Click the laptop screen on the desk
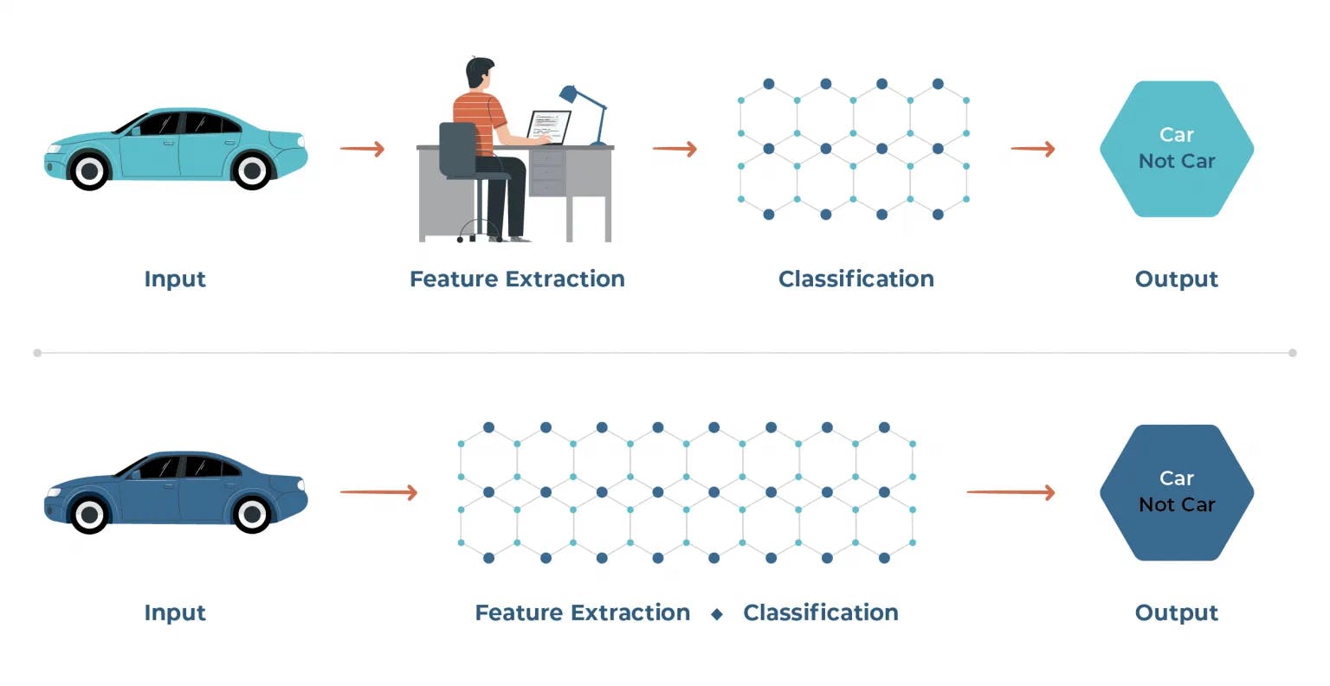pos(549,126)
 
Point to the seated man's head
pos(480,73)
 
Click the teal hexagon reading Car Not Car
pos(1177,149)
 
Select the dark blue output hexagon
pos(1177,492)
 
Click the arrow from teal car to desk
pos(362,148)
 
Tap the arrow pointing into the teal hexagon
pos(1033,148)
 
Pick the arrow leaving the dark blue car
pos(378,492)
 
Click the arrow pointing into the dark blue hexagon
pos(1010,492)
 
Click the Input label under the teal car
pos(175,279)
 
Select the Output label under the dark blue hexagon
pos(1176,613)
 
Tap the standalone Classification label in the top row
pos(856,279)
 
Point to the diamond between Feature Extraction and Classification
pos(717,614)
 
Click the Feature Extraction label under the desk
pos(517,279)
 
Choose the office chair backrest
pos(458,149)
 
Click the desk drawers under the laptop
pos(547,172)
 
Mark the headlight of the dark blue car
pos(54,492)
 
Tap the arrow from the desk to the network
pos(675,148)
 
